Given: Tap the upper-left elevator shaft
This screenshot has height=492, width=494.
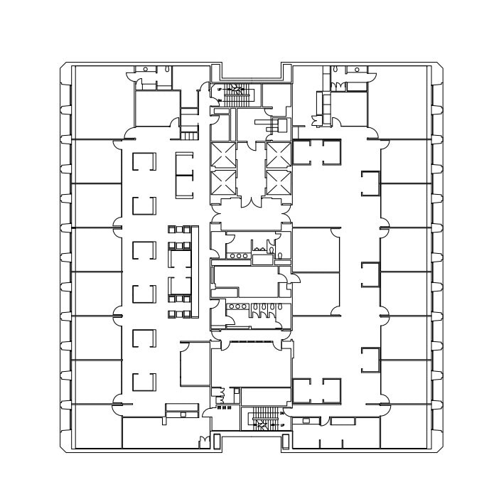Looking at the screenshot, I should tap(222, 155).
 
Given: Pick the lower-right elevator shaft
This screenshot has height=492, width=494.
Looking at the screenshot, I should tap(278, 183).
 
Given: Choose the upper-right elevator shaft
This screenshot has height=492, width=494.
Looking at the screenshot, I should tap(278, 155).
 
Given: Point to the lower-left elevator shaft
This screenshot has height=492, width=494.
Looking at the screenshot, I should tap(222, 183).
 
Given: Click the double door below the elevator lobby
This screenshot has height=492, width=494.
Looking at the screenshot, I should tap(249, 202).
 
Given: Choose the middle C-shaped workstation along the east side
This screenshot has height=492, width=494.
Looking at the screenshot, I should tap(370, 274).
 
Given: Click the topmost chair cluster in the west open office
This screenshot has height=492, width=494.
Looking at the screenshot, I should tap(180, 229).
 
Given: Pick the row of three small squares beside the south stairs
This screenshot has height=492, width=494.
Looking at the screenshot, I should tap(223, 408).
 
